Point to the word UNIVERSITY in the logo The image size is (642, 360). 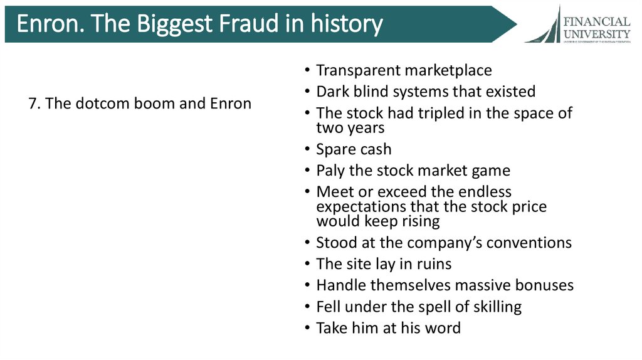click(597, 33)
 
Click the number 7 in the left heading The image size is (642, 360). click(32, 103)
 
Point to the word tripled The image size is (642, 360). click(448, 114)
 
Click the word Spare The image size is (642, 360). click(336, 150)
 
